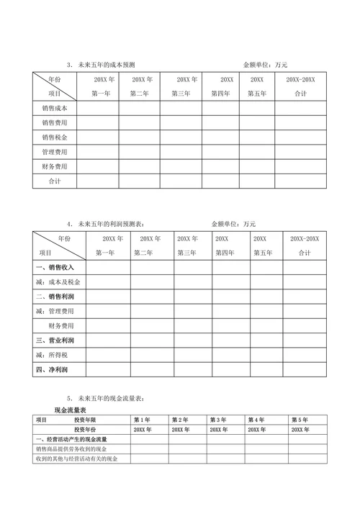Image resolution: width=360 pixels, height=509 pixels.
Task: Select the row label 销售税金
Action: [x=55, y=138]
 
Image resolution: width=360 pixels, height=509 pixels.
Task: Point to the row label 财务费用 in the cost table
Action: [x=55, y=166]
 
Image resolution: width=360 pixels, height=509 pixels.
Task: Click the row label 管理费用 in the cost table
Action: [x=55, y=152]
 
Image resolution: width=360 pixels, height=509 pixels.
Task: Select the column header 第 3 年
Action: [x=217, y=420]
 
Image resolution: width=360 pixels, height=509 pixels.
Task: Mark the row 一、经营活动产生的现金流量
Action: [x=72, y=439]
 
